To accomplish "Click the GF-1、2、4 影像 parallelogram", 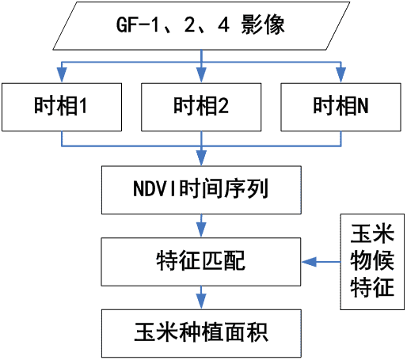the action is [x=201, y=26].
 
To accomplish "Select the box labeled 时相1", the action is [x=62, y=107].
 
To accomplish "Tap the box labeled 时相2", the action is [x=201, y=107].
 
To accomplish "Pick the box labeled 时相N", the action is [x=340, y=107].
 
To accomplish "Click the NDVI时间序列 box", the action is [x=201, y=190].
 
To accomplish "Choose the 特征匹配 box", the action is [x=201, y=262].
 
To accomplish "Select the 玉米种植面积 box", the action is [x=201, y=333].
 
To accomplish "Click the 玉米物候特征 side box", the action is [x=372, y=262].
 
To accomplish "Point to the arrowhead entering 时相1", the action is [x=62, y=75].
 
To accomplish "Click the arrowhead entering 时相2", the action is [x=201, y=75].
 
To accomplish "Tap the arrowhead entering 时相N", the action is [x=340, y=75].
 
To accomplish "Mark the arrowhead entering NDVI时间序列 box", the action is [x=201, y=158].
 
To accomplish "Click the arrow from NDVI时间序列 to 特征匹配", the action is [x=201, y=225].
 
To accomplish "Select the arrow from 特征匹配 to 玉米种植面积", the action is [x=201, y=297].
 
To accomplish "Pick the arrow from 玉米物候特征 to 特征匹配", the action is [x=321, y=262].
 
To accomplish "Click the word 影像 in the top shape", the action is [x=263, y=25].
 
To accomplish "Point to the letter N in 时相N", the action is [x=363, y=105].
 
